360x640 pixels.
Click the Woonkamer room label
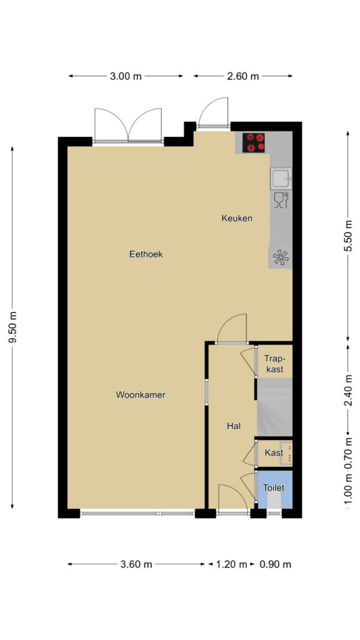coord(141,395)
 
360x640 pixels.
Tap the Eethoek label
coord(146,254)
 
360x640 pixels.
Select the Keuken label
coord(237,218)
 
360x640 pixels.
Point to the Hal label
coord(234,426)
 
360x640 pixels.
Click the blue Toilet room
coord(275,489)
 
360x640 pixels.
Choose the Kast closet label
coord(274,452)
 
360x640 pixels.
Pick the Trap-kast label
coord(274,364)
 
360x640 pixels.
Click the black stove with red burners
coord(254,142)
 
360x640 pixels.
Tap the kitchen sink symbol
coord(281,178)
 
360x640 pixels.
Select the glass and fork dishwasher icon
coord(281,201)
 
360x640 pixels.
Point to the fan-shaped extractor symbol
coord(281,257)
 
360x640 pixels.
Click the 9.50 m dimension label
coord(12,327)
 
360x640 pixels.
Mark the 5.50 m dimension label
coord(348,236)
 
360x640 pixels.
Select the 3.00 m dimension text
coord(126,76)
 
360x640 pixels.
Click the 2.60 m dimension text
coord(243,76)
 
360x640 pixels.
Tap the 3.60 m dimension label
coord(136,564)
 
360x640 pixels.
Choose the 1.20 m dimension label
coord(231,564)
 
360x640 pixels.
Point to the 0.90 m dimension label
coord(276,564)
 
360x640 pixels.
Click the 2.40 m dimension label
coord(348,391)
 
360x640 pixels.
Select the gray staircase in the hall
coord(275,407)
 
